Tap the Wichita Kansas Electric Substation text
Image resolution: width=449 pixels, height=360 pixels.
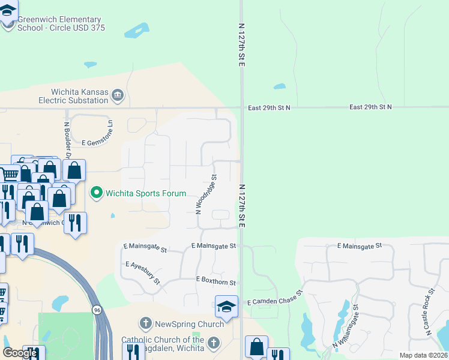pyautogui.click(x=79, y=96)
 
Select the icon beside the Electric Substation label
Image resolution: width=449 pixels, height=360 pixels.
pyautogui.click(x=118, y=94)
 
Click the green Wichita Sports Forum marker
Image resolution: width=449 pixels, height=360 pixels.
pyautogui.click(x=95, y=193)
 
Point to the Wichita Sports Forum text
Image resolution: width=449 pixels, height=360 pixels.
pyautogui.click(x=146, y=193)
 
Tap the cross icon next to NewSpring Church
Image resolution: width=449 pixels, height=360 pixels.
pyautogui.click(x=145, y=324)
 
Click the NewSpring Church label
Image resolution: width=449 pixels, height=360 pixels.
pyautogui.click(x=189, y=324)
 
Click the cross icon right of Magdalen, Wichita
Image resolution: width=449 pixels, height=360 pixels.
pyautogui.click(x=214, y=343)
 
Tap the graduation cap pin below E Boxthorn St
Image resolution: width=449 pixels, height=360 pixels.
pyautogui.click(x=226, y=307)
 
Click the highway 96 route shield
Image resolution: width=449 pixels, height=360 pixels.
pyautogui.click(x=97, y=310)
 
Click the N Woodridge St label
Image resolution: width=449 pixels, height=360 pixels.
pyautogui.click(x=206, y=194)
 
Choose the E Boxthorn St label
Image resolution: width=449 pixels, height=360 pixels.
pyautogui.click(x=216, y=281)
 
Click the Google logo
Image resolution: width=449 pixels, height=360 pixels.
pyautogui.click(x=20, y=353)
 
